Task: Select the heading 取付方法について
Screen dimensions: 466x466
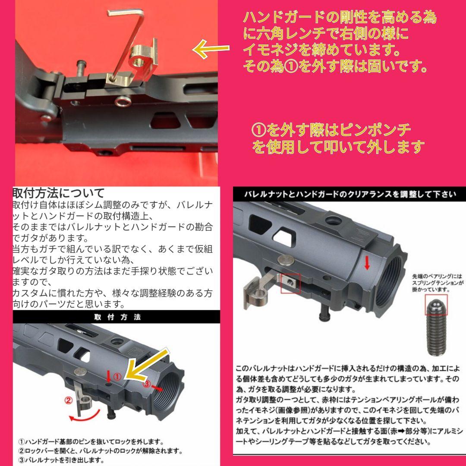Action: (59, 192)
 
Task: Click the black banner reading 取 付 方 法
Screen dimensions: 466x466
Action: (116, 317)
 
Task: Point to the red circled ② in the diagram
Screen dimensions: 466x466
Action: (68, 400)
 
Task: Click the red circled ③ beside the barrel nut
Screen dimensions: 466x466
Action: (147, 384)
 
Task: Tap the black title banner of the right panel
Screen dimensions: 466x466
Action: (349, 194)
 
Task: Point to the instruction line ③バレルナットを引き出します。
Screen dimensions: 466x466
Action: (61, 460)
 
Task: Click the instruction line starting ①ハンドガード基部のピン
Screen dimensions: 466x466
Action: (91, 441)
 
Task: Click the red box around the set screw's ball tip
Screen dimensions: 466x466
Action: (437, 305)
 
